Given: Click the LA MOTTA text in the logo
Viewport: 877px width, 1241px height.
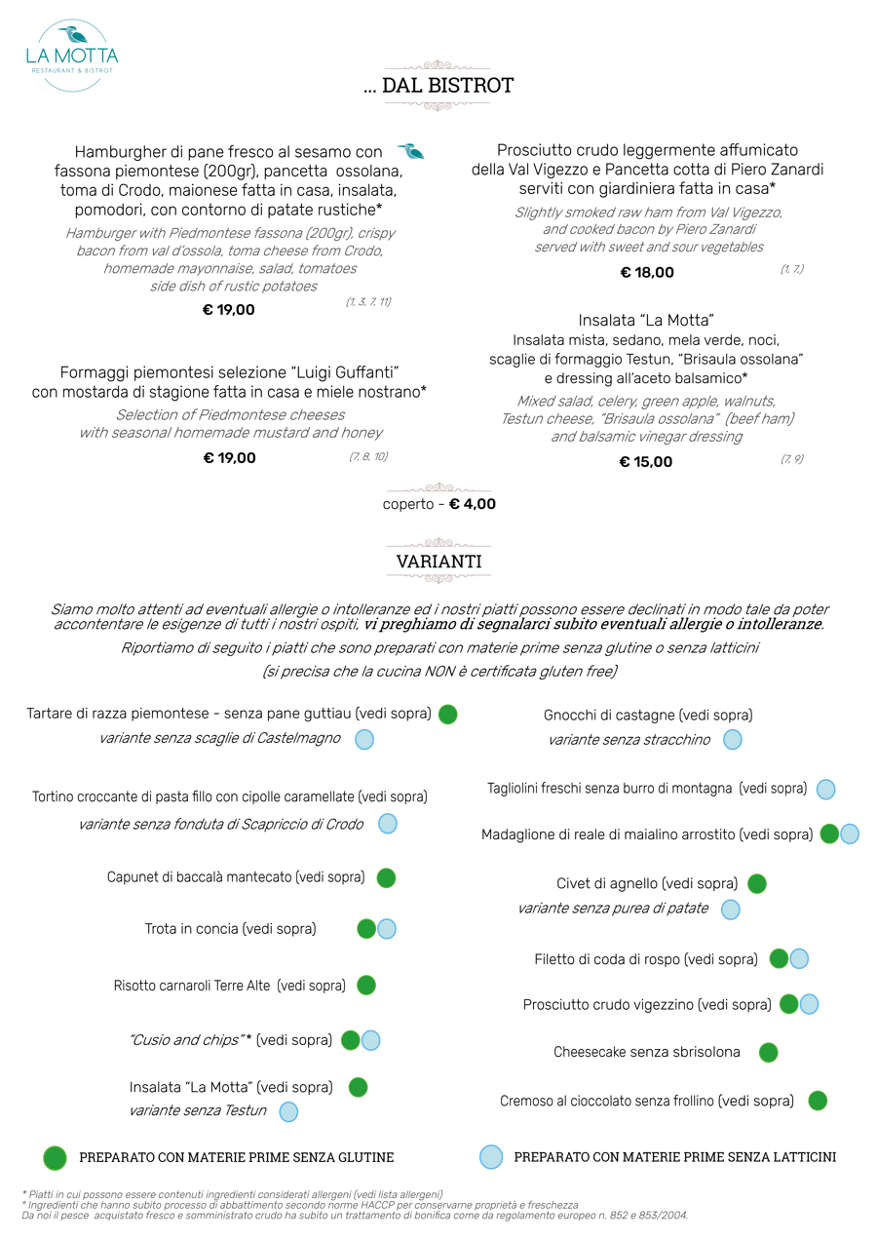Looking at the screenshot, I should [72, 57].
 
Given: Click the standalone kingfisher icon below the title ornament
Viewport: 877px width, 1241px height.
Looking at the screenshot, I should [410, 151].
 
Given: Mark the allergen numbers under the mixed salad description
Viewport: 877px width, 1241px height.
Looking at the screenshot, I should [791, 458].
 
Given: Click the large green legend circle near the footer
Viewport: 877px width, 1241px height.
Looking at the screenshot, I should [55, 1158].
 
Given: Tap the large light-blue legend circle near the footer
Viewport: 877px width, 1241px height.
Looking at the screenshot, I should [491, 1157].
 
